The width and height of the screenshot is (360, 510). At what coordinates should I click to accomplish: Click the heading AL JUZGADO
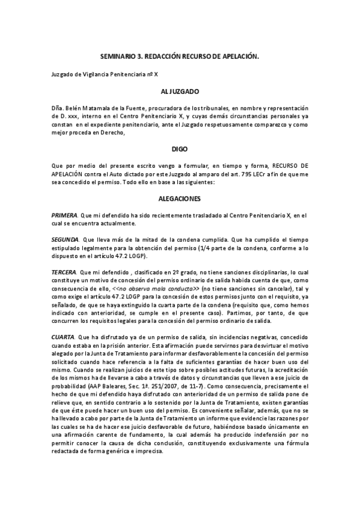(180, 92)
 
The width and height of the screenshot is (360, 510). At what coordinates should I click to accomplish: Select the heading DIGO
(180, 147)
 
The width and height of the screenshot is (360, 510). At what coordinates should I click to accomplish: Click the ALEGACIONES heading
(180, 198)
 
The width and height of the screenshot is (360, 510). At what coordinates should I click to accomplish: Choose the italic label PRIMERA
(64, 215)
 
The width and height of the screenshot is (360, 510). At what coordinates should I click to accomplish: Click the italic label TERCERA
(64, 272)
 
